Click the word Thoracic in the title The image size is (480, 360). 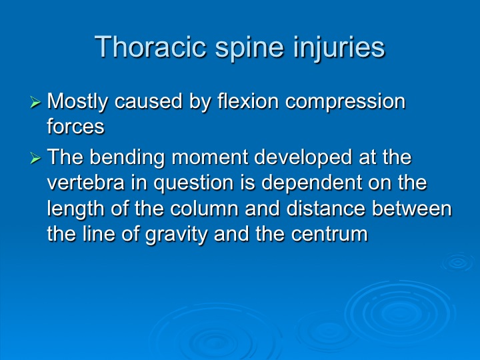click(150, 47)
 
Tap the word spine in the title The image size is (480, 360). click(249, 49)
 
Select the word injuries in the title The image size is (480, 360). click(338, 49)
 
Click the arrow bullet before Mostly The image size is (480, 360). click(35, 102)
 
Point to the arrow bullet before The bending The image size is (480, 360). click(35, 158)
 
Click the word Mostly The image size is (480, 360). click(77, 103)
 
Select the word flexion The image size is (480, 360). click(248, 101)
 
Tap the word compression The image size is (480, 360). click(345, 103)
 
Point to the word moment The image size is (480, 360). click(210, 158)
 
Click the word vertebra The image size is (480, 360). click(86, 183)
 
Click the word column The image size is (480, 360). click(204, 209)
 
